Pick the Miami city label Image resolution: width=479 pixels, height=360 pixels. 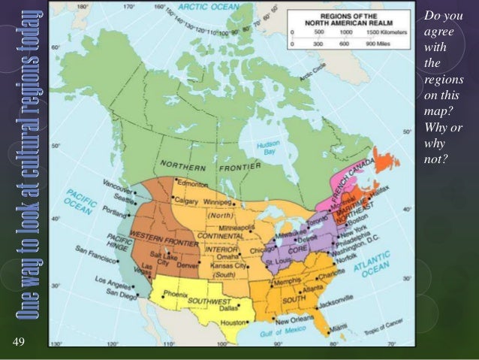(342, 328)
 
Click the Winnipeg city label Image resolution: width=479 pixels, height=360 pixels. (215, 202)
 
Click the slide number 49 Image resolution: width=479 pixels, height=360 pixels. (20, 343)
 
